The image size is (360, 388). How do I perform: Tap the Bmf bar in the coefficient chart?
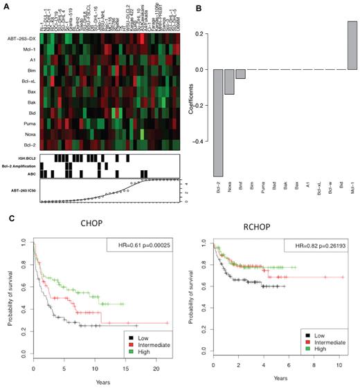[x=240, y=75]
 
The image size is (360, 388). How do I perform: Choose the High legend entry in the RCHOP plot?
[x=316, y=348]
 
